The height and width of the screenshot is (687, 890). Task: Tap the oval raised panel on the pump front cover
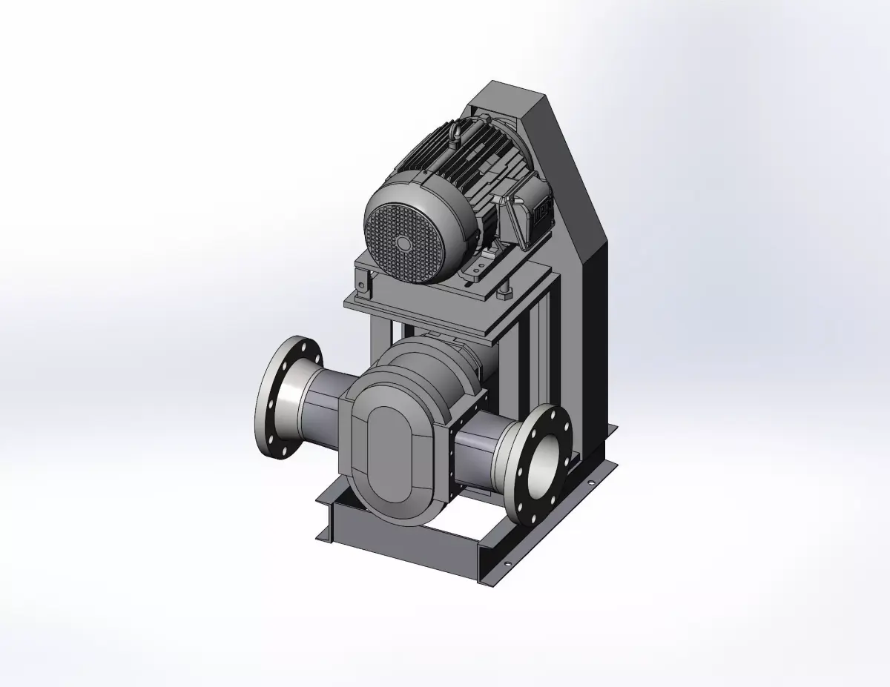pos(395,451)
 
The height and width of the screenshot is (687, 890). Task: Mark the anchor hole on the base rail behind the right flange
pos(591,482)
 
